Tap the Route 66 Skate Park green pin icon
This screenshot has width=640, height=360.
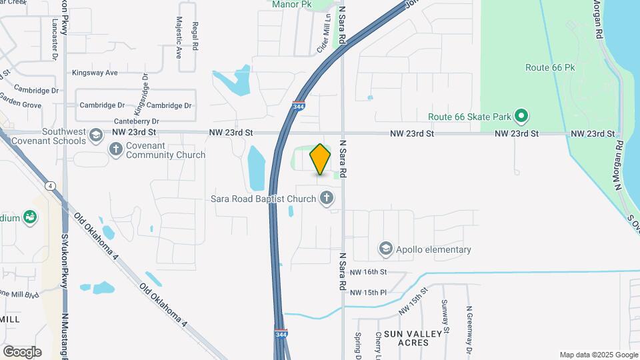523,117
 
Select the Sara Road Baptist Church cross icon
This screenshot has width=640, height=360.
327,197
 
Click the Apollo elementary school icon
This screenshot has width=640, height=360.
385,249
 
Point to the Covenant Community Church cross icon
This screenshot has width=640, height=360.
116,148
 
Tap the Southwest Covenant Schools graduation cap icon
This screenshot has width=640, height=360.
97,135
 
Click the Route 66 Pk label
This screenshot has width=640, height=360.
549,67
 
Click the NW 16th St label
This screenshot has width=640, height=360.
368,272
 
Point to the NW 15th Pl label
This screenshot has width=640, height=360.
368,292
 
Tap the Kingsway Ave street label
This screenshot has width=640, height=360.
95,72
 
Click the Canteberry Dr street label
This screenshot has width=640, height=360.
137,121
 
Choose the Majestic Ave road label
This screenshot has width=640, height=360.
179,39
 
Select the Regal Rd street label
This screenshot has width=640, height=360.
195,37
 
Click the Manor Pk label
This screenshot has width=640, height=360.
291,4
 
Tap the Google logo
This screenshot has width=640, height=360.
22,351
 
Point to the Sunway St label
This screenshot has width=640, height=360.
445,317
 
